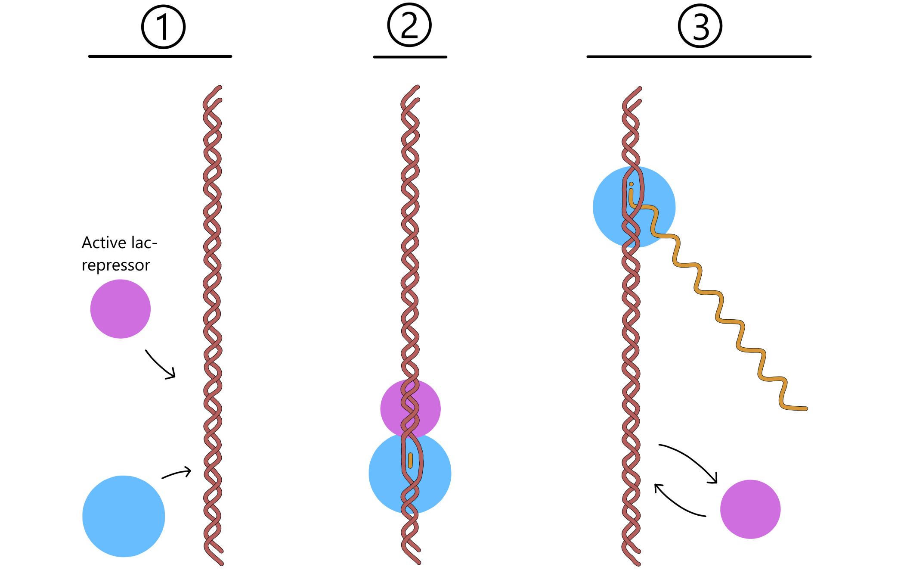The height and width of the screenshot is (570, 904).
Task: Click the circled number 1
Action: pos(163,27)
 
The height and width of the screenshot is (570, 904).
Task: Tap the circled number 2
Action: pos(409,25)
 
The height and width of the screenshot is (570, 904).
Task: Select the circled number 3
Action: pos(700,26)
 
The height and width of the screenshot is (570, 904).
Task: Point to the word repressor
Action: pos(116,265)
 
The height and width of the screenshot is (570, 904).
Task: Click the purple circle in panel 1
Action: pos(121,309)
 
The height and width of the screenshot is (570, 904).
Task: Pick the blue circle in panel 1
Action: pos(124,516)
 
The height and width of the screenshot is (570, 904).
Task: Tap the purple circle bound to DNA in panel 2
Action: pos(392,407)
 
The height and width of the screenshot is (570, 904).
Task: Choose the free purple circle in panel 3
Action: pos(750,509)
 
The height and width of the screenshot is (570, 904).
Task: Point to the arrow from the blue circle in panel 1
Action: pos(176,473)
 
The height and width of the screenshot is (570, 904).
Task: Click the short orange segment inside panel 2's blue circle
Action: pos(410,460)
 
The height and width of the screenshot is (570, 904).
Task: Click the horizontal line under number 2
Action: pos(410,57)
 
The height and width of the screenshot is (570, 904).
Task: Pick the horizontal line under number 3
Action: pos(699,56)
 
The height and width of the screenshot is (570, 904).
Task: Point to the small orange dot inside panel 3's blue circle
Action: pos(631,184)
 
